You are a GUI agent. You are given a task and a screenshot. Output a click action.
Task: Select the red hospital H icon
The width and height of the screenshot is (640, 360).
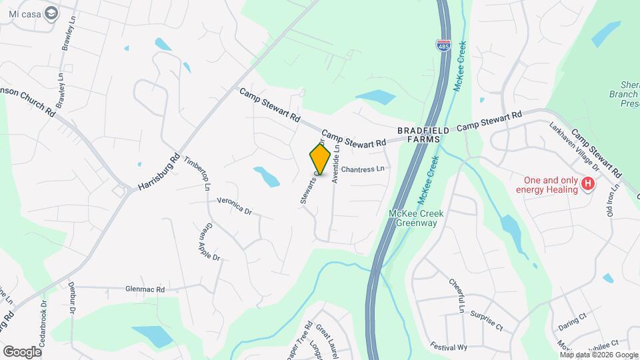pyautogui.click(x=588, y=184)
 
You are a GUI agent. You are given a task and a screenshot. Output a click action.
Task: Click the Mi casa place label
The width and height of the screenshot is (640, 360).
pyautogui.click(x=23, y=13)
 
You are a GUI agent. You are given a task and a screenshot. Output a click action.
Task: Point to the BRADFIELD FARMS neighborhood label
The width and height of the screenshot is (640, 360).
pyautogui.click(x=419, y=135)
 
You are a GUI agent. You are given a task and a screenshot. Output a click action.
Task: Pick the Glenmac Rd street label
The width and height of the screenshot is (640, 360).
pyautogui.click(x=145, y=289)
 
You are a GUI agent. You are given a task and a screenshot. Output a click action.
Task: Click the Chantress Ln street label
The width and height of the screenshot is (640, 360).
pyautogui.click(x=365, y=169)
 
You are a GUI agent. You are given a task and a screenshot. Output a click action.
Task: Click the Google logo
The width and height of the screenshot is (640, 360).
pyautogui.click(x=22, y=351)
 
